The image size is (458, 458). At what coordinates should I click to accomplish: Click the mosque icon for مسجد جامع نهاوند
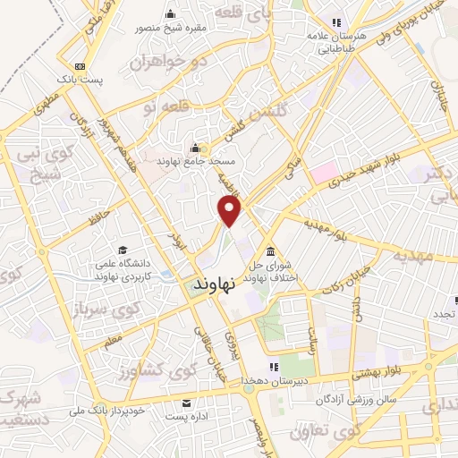coord(196,148)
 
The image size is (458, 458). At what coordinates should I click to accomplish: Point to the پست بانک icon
coord(81,66)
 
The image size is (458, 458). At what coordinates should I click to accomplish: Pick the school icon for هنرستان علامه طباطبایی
coord(335,22)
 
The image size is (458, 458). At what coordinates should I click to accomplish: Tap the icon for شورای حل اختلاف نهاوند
coord(271,251)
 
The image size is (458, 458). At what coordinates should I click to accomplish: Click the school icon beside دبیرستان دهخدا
coord(271,367)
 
